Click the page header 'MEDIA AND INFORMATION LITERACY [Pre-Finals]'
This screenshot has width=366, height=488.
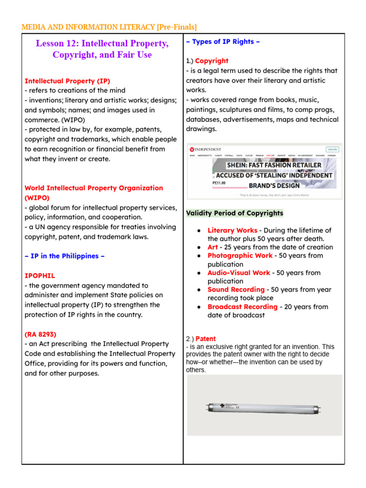click(x=109, y=27)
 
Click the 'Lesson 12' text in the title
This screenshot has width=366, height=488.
click(x=56, y=44)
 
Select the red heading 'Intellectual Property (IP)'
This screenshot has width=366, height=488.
click(x=67, y=81)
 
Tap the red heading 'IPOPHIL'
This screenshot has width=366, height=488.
click(x=40, y=275)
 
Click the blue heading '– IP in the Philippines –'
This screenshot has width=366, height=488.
click(x=64, y=256)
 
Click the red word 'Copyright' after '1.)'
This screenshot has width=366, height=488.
click(x=212, y=61)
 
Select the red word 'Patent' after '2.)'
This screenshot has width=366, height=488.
click(x=206, y=339)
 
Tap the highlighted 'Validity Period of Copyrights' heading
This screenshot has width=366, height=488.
click(x=234, y=213)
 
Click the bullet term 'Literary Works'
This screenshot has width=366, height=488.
click(x=232, y=230)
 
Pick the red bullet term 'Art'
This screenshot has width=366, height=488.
click(x=213, y=247)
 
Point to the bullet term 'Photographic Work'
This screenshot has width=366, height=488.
click(x=240, y=255)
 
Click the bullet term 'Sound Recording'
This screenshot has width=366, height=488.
click(x=236, y=289)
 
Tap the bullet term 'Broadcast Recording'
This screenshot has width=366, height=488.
click(x=242, y=306)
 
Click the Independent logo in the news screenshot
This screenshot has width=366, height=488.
click(x=206, y=149)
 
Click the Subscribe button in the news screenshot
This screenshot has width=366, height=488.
click(x=332, y=149)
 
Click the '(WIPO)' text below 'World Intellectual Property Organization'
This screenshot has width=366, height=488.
click(x=37, y=197)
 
